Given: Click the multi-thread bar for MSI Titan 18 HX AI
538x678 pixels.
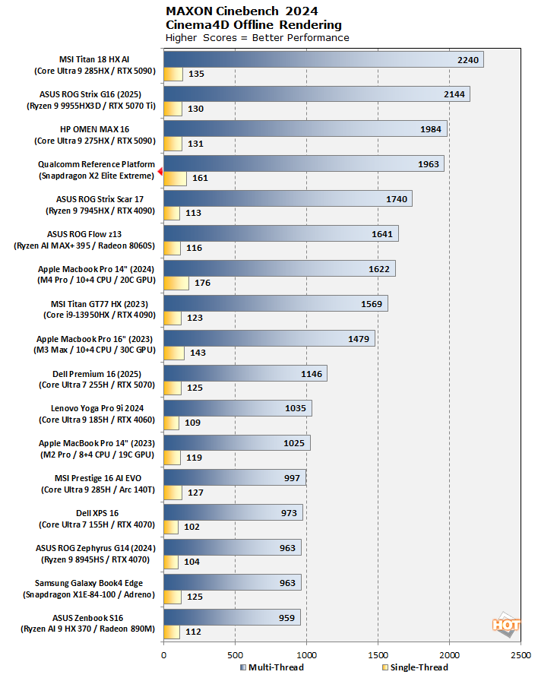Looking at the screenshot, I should [x=323, y=60].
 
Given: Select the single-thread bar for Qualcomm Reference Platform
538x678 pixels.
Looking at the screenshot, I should [x=175, y=179].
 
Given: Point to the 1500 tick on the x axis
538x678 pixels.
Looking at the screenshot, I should [x=378, y=653].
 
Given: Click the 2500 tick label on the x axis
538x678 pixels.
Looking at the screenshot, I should [x=521, y=653].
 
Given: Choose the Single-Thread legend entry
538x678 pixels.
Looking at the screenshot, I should [x=415, y=667].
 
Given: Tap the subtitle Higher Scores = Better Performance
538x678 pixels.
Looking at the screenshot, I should [x=257, y=37].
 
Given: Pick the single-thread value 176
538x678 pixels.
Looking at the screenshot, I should [x=203, y=284].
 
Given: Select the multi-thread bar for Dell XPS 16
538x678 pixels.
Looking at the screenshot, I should [x=233, y=513].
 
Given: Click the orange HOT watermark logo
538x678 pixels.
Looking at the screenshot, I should [x=506, y=625].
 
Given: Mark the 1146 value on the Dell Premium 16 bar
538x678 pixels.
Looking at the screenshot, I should [x=311, y=373].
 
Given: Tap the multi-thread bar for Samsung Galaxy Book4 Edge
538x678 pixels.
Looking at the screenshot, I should [x=232, y=583].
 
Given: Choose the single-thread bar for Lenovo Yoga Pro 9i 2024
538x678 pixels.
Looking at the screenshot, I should [x=171, y=423].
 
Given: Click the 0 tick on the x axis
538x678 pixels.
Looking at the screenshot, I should [x=163, y=653].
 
